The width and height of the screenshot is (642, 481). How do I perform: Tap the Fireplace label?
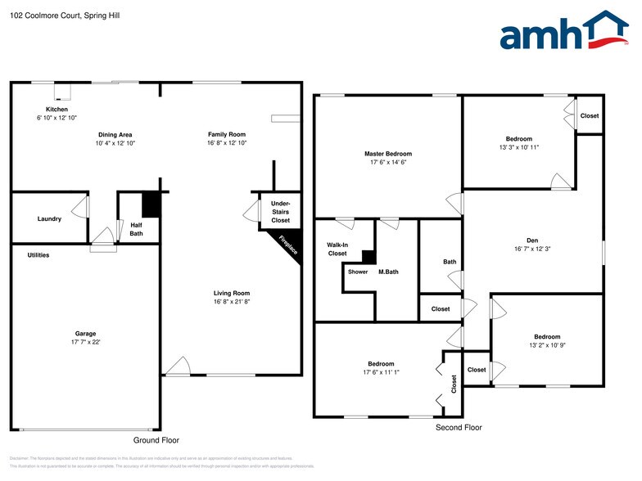(x=289, y=245)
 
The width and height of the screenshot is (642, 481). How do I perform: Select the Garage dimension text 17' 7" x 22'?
(x=86, y=342)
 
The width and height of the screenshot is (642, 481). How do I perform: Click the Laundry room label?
(x=49, y=218)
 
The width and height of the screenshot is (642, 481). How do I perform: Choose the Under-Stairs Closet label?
(x=280, y=211)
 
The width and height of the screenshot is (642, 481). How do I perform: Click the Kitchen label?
(x=57, y=109)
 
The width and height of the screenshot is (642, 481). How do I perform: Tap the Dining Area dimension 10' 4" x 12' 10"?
(x=115, y=143)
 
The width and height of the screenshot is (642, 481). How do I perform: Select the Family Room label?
(x=226, y=134)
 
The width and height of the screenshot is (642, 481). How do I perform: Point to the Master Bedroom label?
(x=387, y=154)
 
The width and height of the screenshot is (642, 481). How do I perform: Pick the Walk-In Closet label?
(x=337, y=249)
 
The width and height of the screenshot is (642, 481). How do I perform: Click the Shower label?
(x=358, y=272)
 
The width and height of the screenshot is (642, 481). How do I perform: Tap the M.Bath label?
(x=388, y=272)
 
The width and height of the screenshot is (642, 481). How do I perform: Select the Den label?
(x=531, y=239)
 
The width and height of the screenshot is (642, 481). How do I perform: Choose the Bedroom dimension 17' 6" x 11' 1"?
(x=381, y=372)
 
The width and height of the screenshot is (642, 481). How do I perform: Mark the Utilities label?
(x=38, y=255)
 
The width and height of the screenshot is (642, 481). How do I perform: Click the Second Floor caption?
(x=459, y=427)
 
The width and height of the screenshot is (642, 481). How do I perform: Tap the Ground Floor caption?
(x=156, y=440)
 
